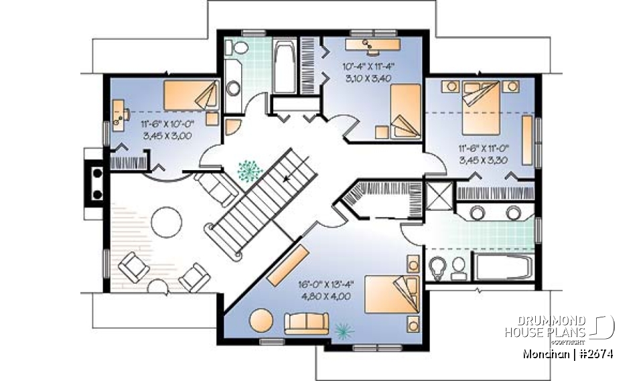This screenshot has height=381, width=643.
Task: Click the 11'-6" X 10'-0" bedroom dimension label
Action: [x=167, y=124]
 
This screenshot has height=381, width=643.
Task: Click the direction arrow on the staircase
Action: [x=289, y=179]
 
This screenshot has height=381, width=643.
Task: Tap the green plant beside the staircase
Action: [x=249, y=171]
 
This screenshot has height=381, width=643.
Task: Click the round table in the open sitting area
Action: [x=165, y=220]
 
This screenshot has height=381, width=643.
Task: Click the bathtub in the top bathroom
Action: [x=283, y=67]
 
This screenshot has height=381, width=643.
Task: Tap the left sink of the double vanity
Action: [x=478, y=213]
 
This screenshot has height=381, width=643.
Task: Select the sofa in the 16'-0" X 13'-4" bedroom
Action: [x=306, y=323]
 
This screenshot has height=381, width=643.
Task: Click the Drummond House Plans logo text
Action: [x=545, y=326]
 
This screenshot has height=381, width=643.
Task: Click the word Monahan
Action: [x=543, y=354]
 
